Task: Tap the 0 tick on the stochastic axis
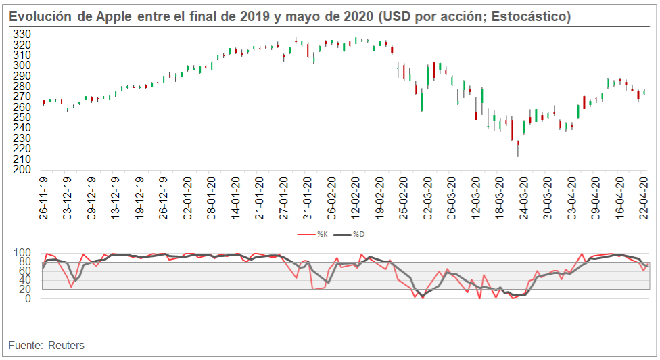coord(27,299)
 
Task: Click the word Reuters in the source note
coord(66,346)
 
